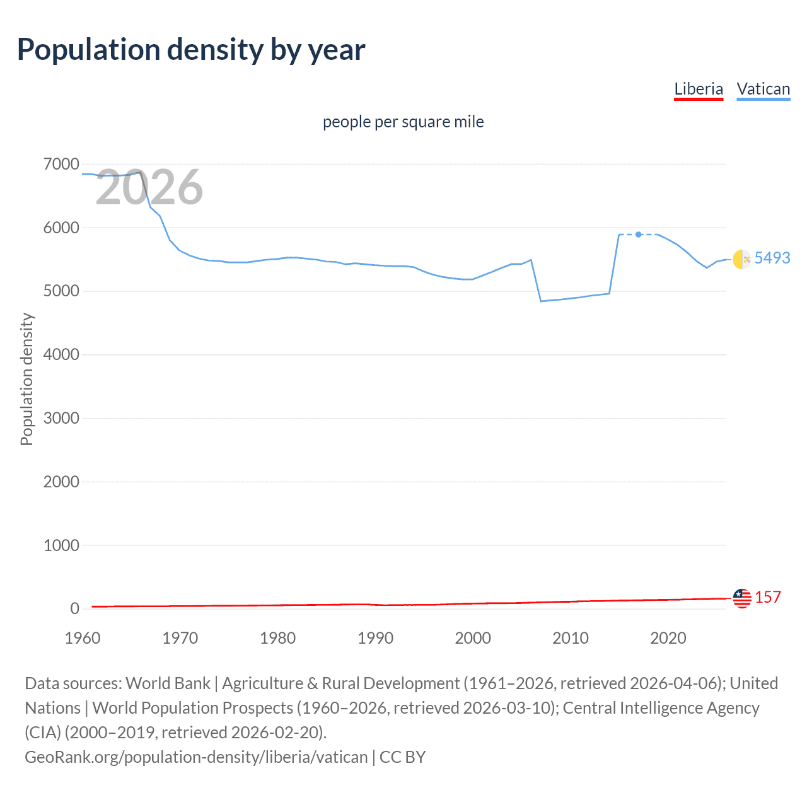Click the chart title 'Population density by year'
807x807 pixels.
(191, 50)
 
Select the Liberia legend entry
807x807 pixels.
(699, 89)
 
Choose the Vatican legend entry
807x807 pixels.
(763, 89)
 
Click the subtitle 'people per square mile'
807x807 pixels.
(403, 122)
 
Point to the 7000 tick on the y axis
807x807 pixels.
(61, 165)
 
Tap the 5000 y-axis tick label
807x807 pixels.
(61, 291)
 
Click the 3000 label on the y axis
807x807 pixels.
(61, 418)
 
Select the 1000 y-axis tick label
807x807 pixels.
(61, 545)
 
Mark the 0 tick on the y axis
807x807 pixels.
(74, 608)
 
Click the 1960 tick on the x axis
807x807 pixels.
(83, 638)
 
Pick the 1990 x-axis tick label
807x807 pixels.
(375, 638)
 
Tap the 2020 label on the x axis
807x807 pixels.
(668, 638)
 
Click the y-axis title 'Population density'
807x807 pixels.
(26, 380)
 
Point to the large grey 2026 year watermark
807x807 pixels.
(149, 187)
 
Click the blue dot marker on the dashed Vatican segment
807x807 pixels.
(639, 235)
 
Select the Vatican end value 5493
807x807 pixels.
(772, 258)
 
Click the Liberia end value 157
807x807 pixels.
(767, 597)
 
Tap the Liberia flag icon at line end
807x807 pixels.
(742, 598)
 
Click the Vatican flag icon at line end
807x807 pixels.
(742, 258)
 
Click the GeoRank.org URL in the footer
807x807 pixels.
(196, 757)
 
